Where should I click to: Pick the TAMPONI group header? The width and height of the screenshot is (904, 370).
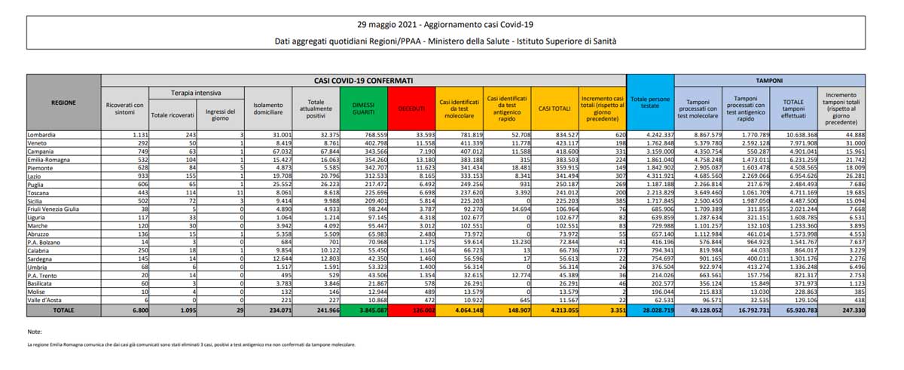[x=769, y=79]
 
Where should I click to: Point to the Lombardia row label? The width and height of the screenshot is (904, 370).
[x=44, y=134]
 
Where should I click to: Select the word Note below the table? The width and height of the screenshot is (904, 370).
[x=35, y=332]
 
